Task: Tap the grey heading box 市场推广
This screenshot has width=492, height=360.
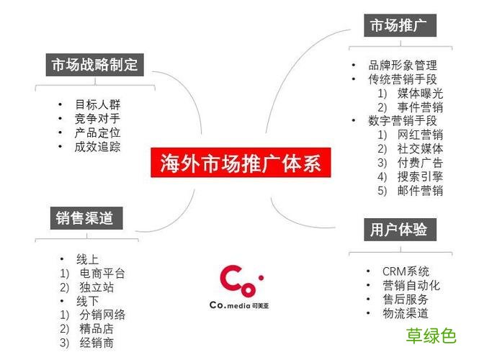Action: [x=399, y=27]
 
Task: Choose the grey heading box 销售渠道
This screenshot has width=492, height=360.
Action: [x=85, y=217]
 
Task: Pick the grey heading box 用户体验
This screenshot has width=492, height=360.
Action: [x=399, y=230]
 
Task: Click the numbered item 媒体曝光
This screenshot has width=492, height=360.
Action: [x=420, y=94]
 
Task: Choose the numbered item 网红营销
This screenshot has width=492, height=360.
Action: [x=420, y=135]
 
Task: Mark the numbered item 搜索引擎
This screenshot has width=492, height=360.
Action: [x=420, y=176]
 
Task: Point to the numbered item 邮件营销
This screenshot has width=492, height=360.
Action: [x=420, y=191]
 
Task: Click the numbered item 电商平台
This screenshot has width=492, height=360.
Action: [x=102, y=274]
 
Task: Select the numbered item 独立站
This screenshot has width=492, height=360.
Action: [x=97, y=287]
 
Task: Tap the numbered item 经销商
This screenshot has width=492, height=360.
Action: [x=97, y=343]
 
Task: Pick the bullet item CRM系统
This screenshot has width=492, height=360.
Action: [x=406, y=271]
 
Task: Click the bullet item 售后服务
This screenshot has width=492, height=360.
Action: [x=406, y=299]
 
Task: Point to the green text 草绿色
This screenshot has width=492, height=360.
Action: [x=431, y=336]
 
